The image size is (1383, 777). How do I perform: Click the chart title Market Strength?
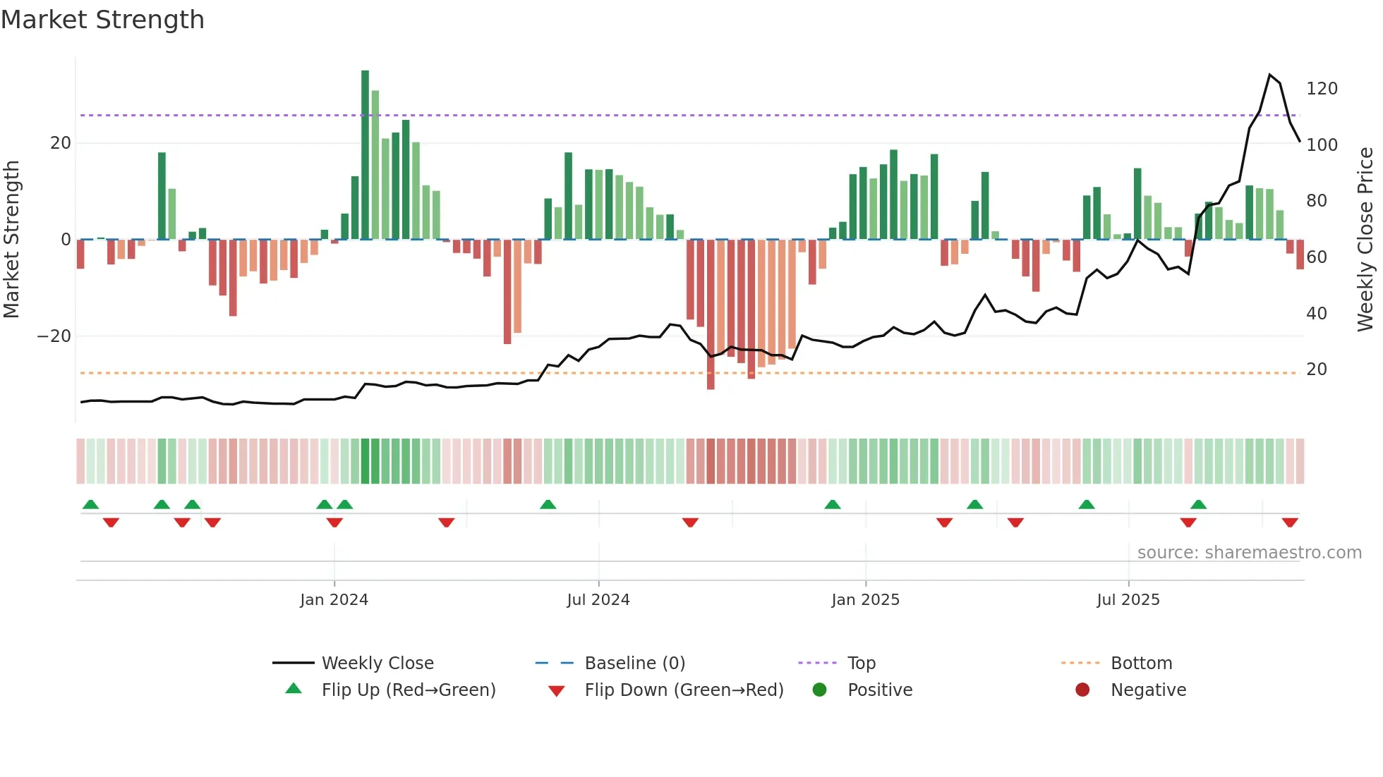[x=103, y=20]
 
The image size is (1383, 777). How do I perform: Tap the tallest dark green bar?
[x=365, y=155]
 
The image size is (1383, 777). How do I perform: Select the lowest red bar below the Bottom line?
[x=711, y=384]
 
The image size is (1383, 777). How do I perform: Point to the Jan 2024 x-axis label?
[x=334, y=600]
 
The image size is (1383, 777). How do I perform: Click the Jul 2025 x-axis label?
[x=1128, y=600]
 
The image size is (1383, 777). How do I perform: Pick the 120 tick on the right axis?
[x=1322, y=89]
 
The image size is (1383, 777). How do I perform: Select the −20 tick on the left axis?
[x=54, y=336]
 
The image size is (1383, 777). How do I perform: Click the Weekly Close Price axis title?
[x=1365, y=240]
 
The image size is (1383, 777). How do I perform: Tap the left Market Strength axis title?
[x=12, y=240]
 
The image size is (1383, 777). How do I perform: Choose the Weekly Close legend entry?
[x=377, y=663]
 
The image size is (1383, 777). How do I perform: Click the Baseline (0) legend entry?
[x=634, y=663]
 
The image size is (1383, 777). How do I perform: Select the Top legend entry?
[x=861, y=663]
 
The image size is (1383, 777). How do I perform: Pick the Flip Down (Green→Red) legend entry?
[x=683, y=690]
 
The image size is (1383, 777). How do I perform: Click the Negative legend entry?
[x=1147, y=690]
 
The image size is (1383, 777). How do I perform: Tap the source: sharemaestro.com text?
[x=1249, y=553]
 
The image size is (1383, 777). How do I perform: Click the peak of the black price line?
[x=1269, y=75]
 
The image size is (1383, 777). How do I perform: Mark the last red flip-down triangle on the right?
[x=1290, y=522]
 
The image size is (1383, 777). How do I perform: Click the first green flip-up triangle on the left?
[x=90, y=504]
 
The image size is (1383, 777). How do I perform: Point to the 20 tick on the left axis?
[x=61, y=143]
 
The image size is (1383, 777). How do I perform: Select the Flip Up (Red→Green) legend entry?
[x=408, y=690]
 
